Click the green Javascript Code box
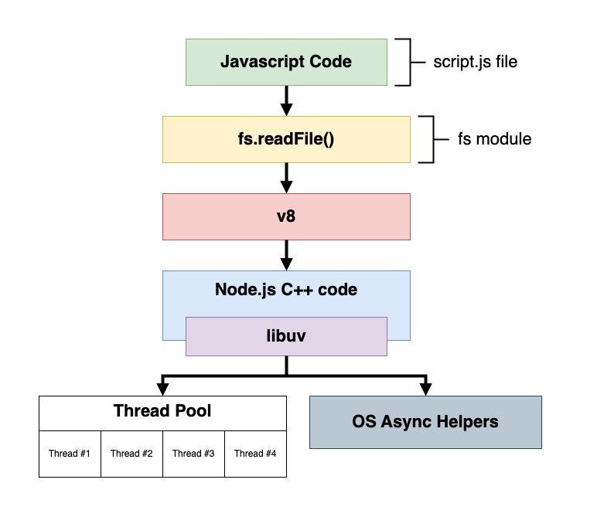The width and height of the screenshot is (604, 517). pos(286,62)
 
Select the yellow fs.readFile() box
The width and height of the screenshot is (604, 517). pos(286,140)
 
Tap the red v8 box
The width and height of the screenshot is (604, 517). pos(286,216)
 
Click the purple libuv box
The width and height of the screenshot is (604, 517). pos(286,336)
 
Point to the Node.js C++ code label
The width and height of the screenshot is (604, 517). pos(286,291)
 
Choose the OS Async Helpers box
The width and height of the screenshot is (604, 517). pos(425,422)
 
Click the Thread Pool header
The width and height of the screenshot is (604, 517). pos(162,411)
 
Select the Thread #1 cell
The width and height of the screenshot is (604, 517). pos(69,453)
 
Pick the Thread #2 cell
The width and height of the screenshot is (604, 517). pos(131,453)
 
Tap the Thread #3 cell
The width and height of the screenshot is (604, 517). pos(193,453)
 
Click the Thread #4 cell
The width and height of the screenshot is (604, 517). pos(255,453)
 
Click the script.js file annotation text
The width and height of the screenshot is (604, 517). pos(475,62)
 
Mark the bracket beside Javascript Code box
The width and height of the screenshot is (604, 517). pos(404,62)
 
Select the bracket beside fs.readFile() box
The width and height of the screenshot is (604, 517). pos(428,140)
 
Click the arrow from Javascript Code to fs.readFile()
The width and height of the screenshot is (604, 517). pos(286,100)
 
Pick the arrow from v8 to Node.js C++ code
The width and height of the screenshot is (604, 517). pos(286,254)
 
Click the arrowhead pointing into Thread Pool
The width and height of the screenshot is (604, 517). pos(162,387)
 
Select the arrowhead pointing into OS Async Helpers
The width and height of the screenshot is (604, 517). pos(425,387)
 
